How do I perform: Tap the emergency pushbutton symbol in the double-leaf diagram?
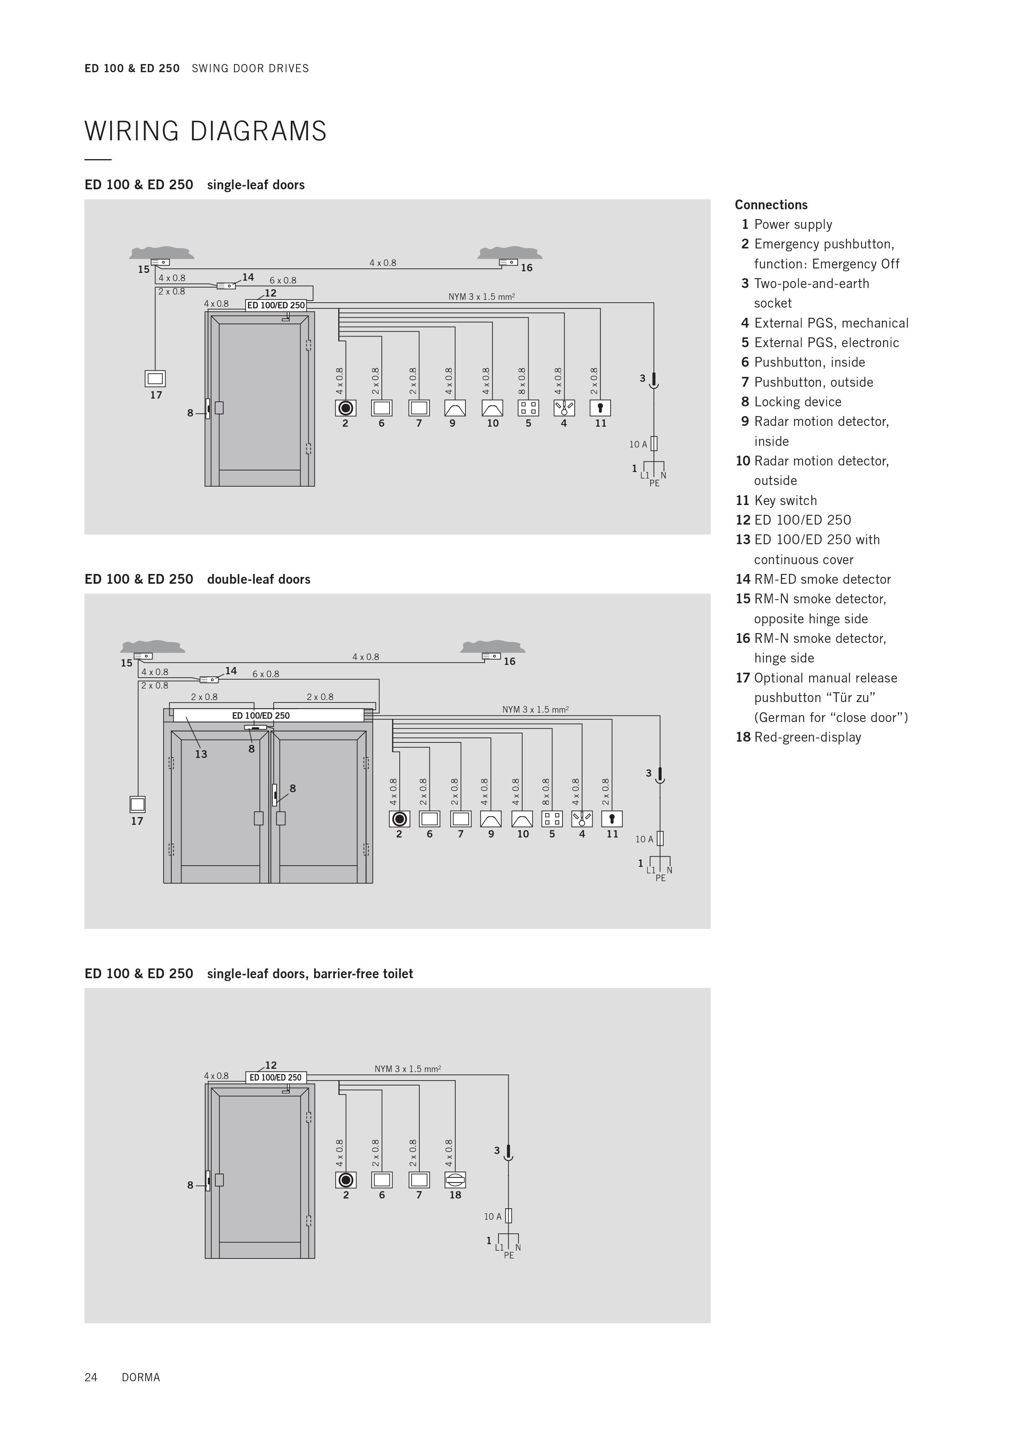point(399,818)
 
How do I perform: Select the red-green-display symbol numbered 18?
point(456,1179)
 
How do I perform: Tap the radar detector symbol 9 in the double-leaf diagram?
point(491,818)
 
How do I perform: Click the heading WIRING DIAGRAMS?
point(205,131)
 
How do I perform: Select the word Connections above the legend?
point(771,205)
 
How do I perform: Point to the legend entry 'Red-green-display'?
point(808,737)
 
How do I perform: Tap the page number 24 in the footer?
point(91,1378)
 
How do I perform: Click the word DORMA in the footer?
point(141,1378)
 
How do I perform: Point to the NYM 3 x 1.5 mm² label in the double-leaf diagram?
point(535,709)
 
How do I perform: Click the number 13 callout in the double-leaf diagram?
point(201,754)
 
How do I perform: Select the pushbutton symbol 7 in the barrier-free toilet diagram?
point(419,1179)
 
